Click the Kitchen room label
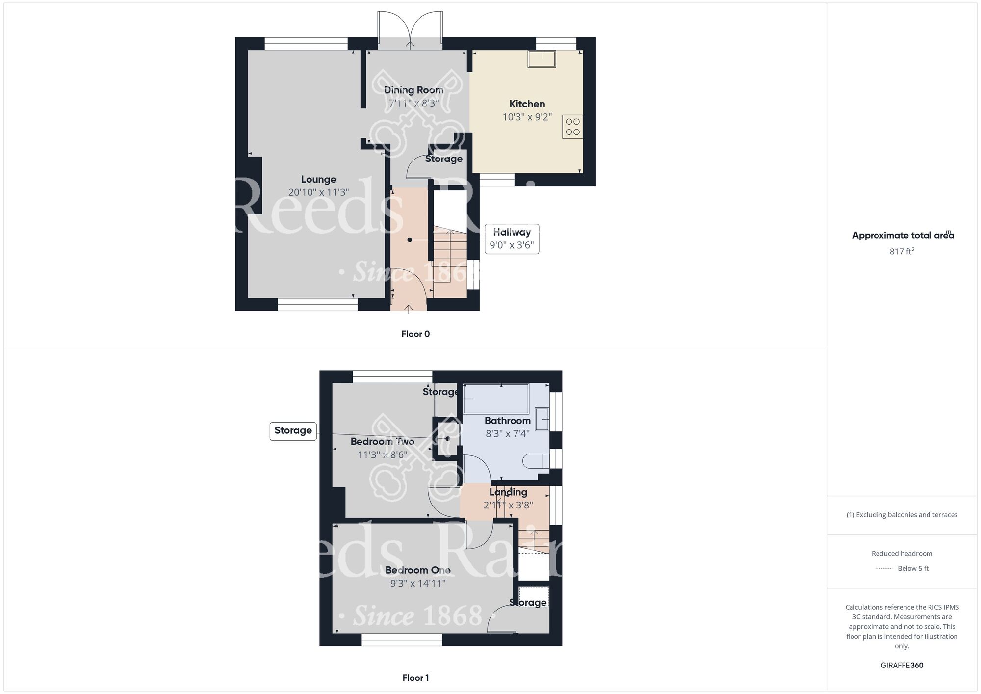[x=527, y=104]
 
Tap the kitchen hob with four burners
[x=572, y=127]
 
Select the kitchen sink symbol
[x=542, y=59]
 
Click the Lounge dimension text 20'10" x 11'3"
[x=318, y=192]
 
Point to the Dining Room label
[x=413, y=90]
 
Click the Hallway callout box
[x=512, y=239]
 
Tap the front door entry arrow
[x=409, y=308]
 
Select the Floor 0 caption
[x=415, y=334]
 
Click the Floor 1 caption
[x=415, y=678]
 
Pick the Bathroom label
[x=507, y=421]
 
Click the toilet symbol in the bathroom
[x=536, y=461]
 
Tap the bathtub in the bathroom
[x=495, y=399]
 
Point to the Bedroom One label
[x=418, y=570]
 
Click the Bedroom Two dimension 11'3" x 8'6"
[x=382, y=455]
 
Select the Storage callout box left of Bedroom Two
[x=293, y=431]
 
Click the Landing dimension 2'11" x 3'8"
[x=508, y=505]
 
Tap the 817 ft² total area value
[x=902, y=251]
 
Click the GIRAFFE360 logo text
[x=902, y=666]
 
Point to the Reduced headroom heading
[x=902, y=554]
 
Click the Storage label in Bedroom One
[x=528, y=603]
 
